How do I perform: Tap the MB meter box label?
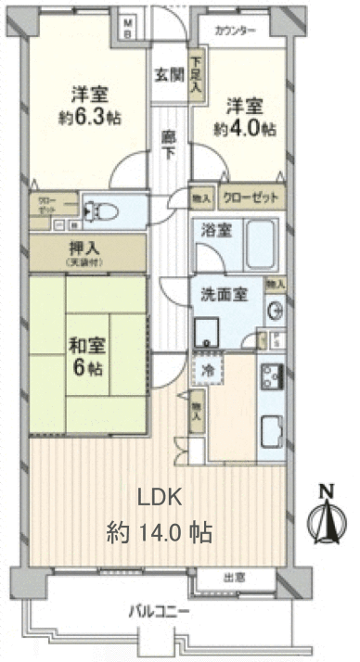(130, 28)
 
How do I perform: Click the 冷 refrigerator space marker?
(208, 368)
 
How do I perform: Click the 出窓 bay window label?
(236, 578)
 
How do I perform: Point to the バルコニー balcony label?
(159, 612)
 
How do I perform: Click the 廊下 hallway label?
(169, 144)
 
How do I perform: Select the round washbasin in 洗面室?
(275, 310)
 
